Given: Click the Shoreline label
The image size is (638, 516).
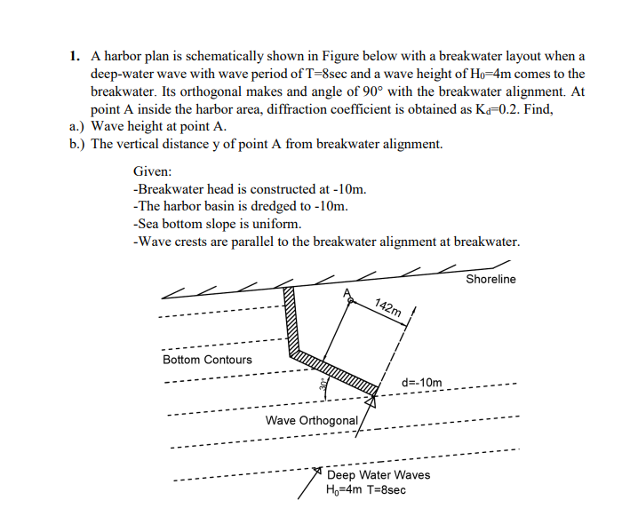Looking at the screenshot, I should [490, 279].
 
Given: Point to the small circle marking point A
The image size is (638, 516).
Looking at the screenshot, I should [351, 302].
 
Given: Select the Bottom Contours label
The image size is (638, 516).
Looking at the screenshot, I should [207, 360].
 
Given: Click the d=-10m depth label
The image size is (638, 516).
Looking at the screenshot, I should [422, 382].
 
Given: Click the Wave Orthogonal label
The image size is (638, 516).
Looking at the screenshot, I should [312, 419].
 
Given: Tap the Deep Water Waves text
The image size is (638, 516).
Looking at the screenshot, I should [379, 475].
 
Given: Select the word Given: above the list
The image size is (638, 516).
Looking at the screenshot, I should [152, 171].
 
